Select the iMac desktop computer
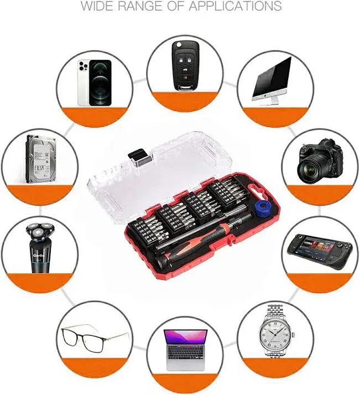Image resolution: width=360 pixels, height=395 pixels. pyautogui.click(x=272, y=77)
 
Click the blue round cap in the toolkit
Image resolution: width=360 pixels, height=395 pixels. pyautogui.click(x=259, y=209)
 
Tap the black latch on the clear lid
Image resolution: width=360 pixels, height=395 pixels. pyautogui.click(x=138, y=158)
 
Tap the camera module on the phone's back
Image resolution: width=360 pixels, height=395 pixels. pyautogui.click(x=83, y=67)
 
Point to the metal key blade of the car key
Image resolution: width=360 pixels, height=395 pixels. pyautogui.click(x=184, y=47)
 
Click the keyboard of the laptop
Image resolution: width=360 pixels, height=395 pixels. pyautogui.click(x=185, y=355)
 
